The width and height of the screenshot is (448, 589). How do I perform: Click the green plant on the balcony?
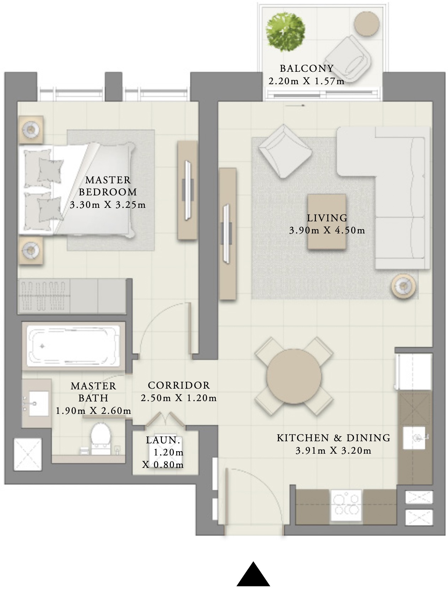click(285, 31)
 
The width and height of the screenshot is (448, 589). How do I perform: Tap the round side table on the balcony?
click(367, 23)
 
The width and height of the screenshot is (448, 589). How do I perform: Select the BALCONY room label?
click(307, 68)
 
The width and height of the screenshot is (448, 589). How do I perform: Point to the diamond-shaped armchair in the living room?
click(285, 151)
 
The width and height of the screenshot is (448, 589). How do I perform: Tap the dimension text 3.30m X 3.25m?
click(108, 205)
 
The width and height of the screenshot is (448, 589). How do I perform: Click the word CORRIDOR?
click(179, 385)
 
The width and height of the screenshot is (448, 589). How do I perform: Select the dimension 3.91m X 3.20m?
click(333, 451)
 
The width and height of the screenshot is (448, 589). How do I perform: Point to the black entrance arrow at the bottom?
click(253, 575)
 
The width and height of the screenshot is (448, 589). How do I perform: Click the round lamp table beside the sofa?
click(403, 285)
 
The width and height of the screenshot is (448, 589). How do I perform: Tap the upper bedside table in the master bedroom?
click(31, 130)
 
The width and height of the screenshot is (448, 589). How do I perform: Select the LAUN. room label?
click(163, 440)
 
